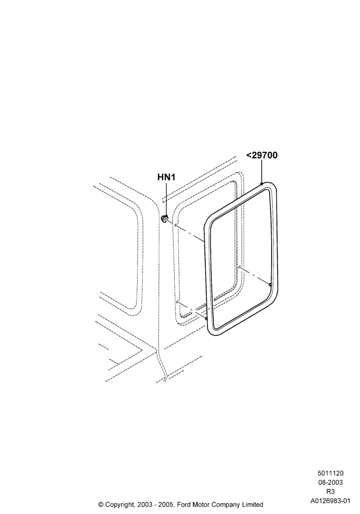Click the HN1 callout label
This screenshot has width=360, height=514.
[x=167, y=177]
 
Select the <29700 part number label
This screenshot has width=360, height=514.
[x=262, y=155]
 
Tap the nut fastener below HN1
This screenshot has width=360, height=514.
[x=165, y=217]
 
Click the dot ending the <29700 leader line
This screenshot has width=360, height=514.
[x=262, y=184]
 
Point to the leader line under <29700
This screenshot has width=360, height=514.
[x=262, y=172]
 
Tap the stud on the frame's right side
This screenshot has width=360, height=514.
[x=270, y=285]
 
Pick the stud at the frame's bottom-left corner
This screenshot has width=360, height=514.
[x=206, y=318]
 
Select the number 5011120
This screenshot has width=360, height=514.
[x=331, y=473]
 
